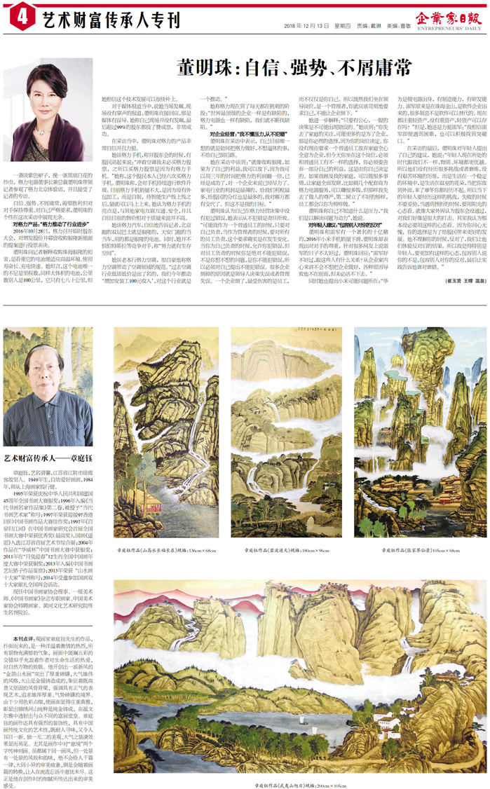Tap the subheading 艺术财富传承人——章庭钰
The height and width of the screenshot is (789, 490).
(x=52, y=439)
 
